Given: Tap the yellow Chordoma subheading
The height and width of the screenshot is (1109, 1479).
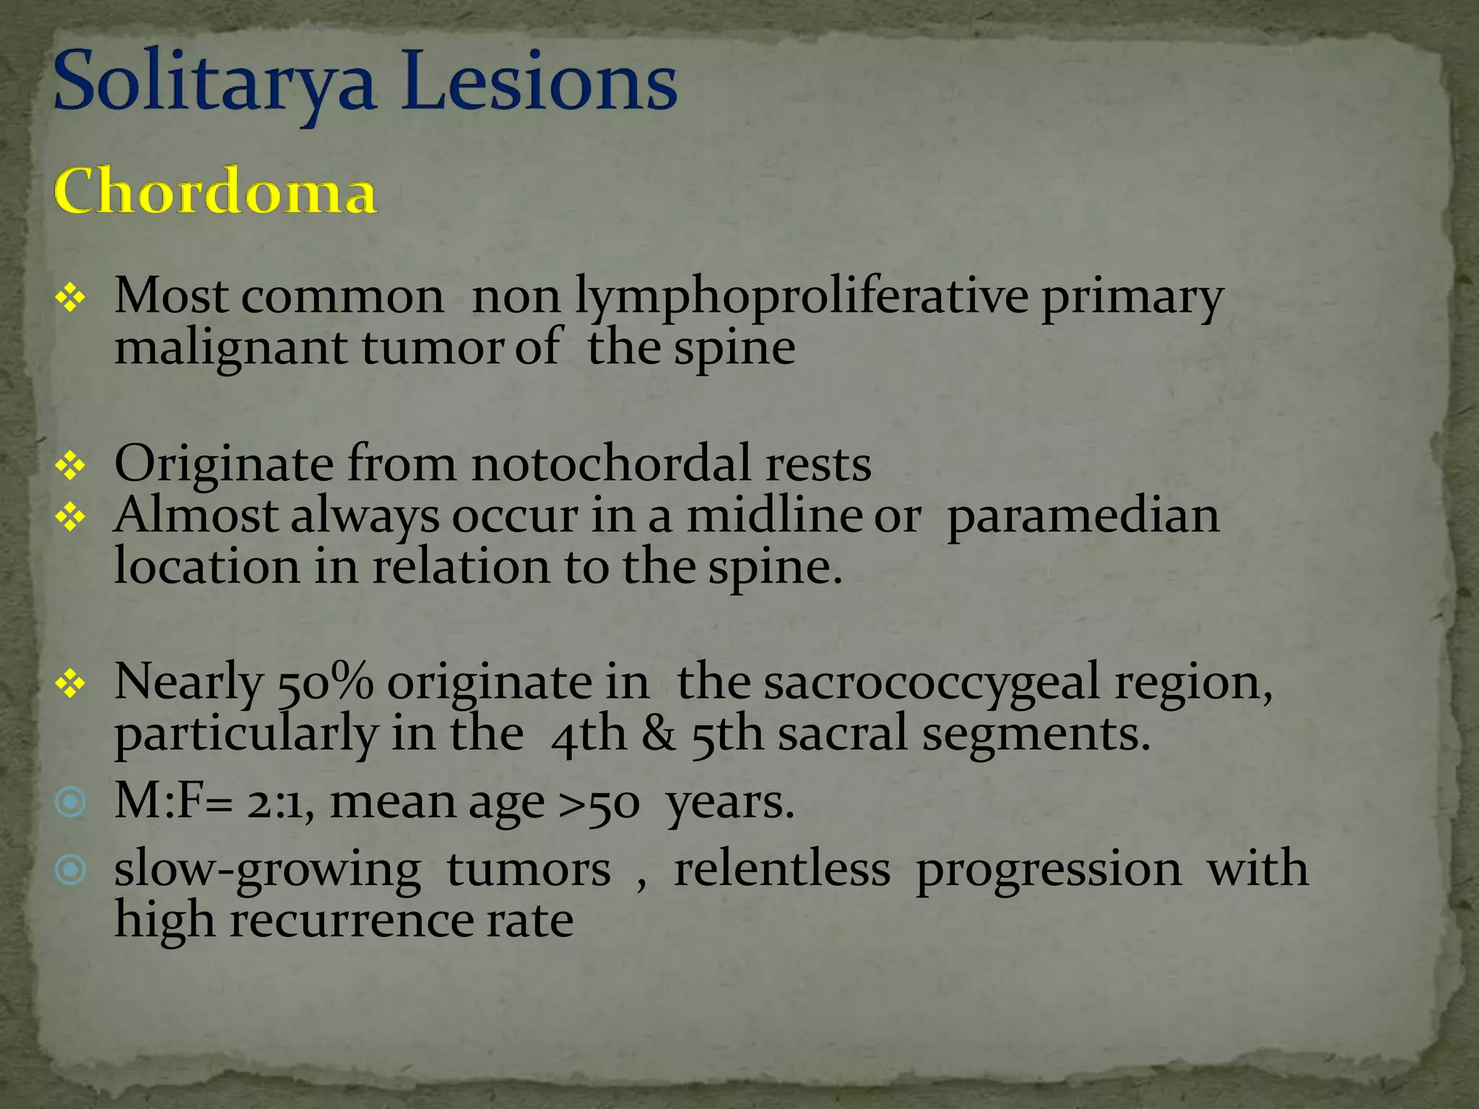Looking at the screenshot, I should [x=215, y=191].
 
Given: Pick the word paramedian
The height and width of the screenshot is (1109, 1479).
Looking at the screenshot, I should [x=1083, y=517].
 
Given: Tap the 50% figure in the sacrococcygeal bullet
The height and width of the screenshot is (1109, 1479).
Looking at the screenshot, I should [x=325, y=682].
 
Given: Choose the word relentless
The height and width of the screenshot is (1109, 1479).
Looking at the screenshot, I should [x=781, y=869].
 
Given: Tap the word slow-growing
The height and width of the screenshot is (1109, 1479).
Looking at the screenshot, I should [x=267, y=870].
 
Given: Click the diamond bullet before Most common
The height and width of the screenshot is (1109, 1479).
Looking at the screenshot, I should [x=70, y=297].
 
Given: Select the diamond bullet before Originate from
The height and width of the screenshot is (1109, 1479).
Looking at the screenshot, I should [x=70, y=466].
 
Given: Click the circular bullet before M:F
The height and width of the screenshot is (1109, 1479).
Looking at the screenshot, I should [x=71, y=802].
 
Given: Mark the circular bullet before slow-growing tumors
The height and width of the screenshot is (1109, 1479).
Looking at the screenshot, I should [x=71, y=870].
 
